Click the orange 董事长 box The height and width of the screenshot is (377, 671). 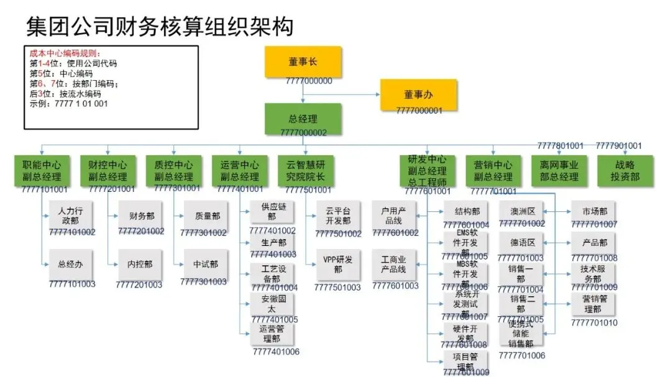tap(303, 61)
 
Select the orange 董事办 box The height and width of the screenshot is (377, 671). tap(418, 94)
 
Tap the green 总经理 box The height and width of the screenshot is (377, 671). tap(303, 119)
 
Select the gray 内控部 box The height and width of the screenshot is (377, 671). tap(140, 265)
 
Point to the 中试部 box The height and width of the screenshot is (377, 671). tap(206, 265)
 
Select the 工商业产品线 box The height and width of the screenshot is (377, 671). tap(393, 265)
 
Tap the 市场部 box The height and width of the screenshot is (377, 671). tap(595, 211)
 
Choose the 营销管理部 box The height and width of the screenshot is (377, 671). tap(595, 305)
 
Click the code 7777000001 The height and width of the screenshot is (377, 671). tap(419, 111)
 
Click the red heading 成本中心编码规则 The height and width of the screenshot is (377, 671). tap(65, 54)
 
